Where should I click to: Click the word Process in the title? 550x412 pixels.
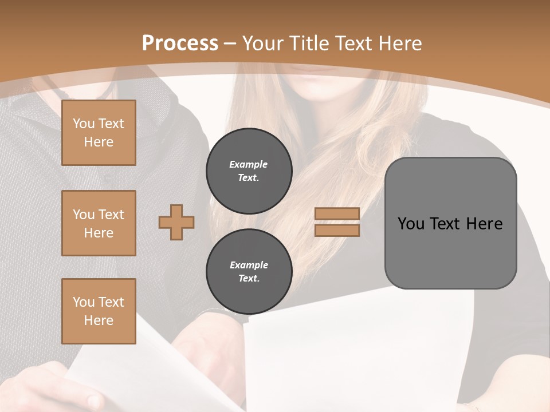coord(180,43)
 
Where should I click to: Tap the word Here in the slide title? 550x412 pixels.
coord(399,43)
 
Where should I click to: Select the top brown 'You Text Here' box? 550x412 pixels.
coord(99,133)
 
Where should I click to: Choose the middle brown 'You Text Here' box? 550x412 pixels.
coord(99,223)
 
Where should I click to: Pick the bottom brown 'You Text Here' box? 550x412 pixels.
coord(99,311)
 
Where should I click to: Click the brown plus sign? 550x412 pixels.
coord(176,222)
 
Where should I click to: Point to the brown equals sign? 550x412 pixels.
coord(337,222)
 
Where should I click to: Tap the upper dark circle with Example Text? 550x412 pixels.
coord(249,171)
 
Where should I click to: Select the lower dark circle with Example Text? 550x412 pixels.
coord(249,272)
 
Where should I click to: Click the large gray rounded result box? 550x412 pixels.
coord(450,223)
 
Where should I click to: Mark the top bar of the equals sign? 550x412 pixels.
coord(337,214)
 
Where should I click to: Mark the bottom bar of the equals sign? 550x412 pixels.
coord(337,230)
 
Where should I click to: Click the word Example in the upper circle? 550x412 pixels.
coord(249,164)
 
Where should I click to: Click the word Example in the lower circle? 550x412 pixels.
coord(249,265)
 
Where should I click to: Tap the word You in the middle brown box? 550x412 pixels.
coord(83,215)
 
